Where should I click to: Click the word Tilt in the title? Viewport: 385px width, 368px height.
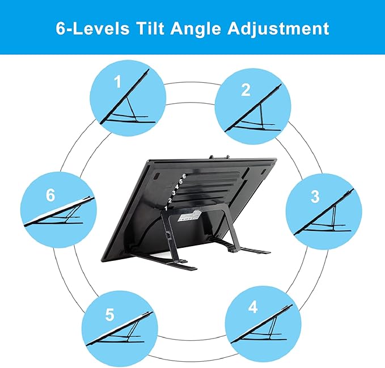pos(146,28)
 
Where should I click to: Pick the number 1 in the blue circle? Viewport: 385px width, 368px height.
pos(117,83)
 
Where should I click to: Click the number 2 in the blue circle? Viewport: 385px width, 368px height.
pos(245,90)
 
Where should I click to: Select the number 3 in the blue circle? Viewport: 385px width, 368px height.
pos(315,197)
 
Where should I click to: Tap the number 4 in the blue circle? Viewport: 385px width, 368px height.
pos(252,307)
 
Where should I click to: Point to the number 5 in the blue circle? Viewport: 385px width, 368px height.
pos(109,315)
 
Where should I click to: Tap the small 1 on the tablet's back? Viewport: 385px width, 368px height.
pos(166,208)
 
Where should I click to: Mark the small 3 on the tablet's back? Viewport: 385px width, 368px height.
pos(174,193)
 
